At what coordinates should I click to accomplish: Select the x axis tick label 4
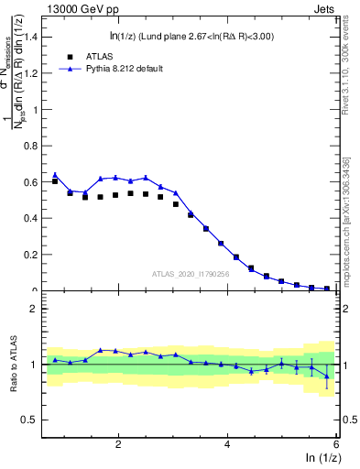tap(227, 444)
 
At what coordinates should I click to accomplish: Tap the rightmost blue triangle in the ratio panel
tap(327, 376)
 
